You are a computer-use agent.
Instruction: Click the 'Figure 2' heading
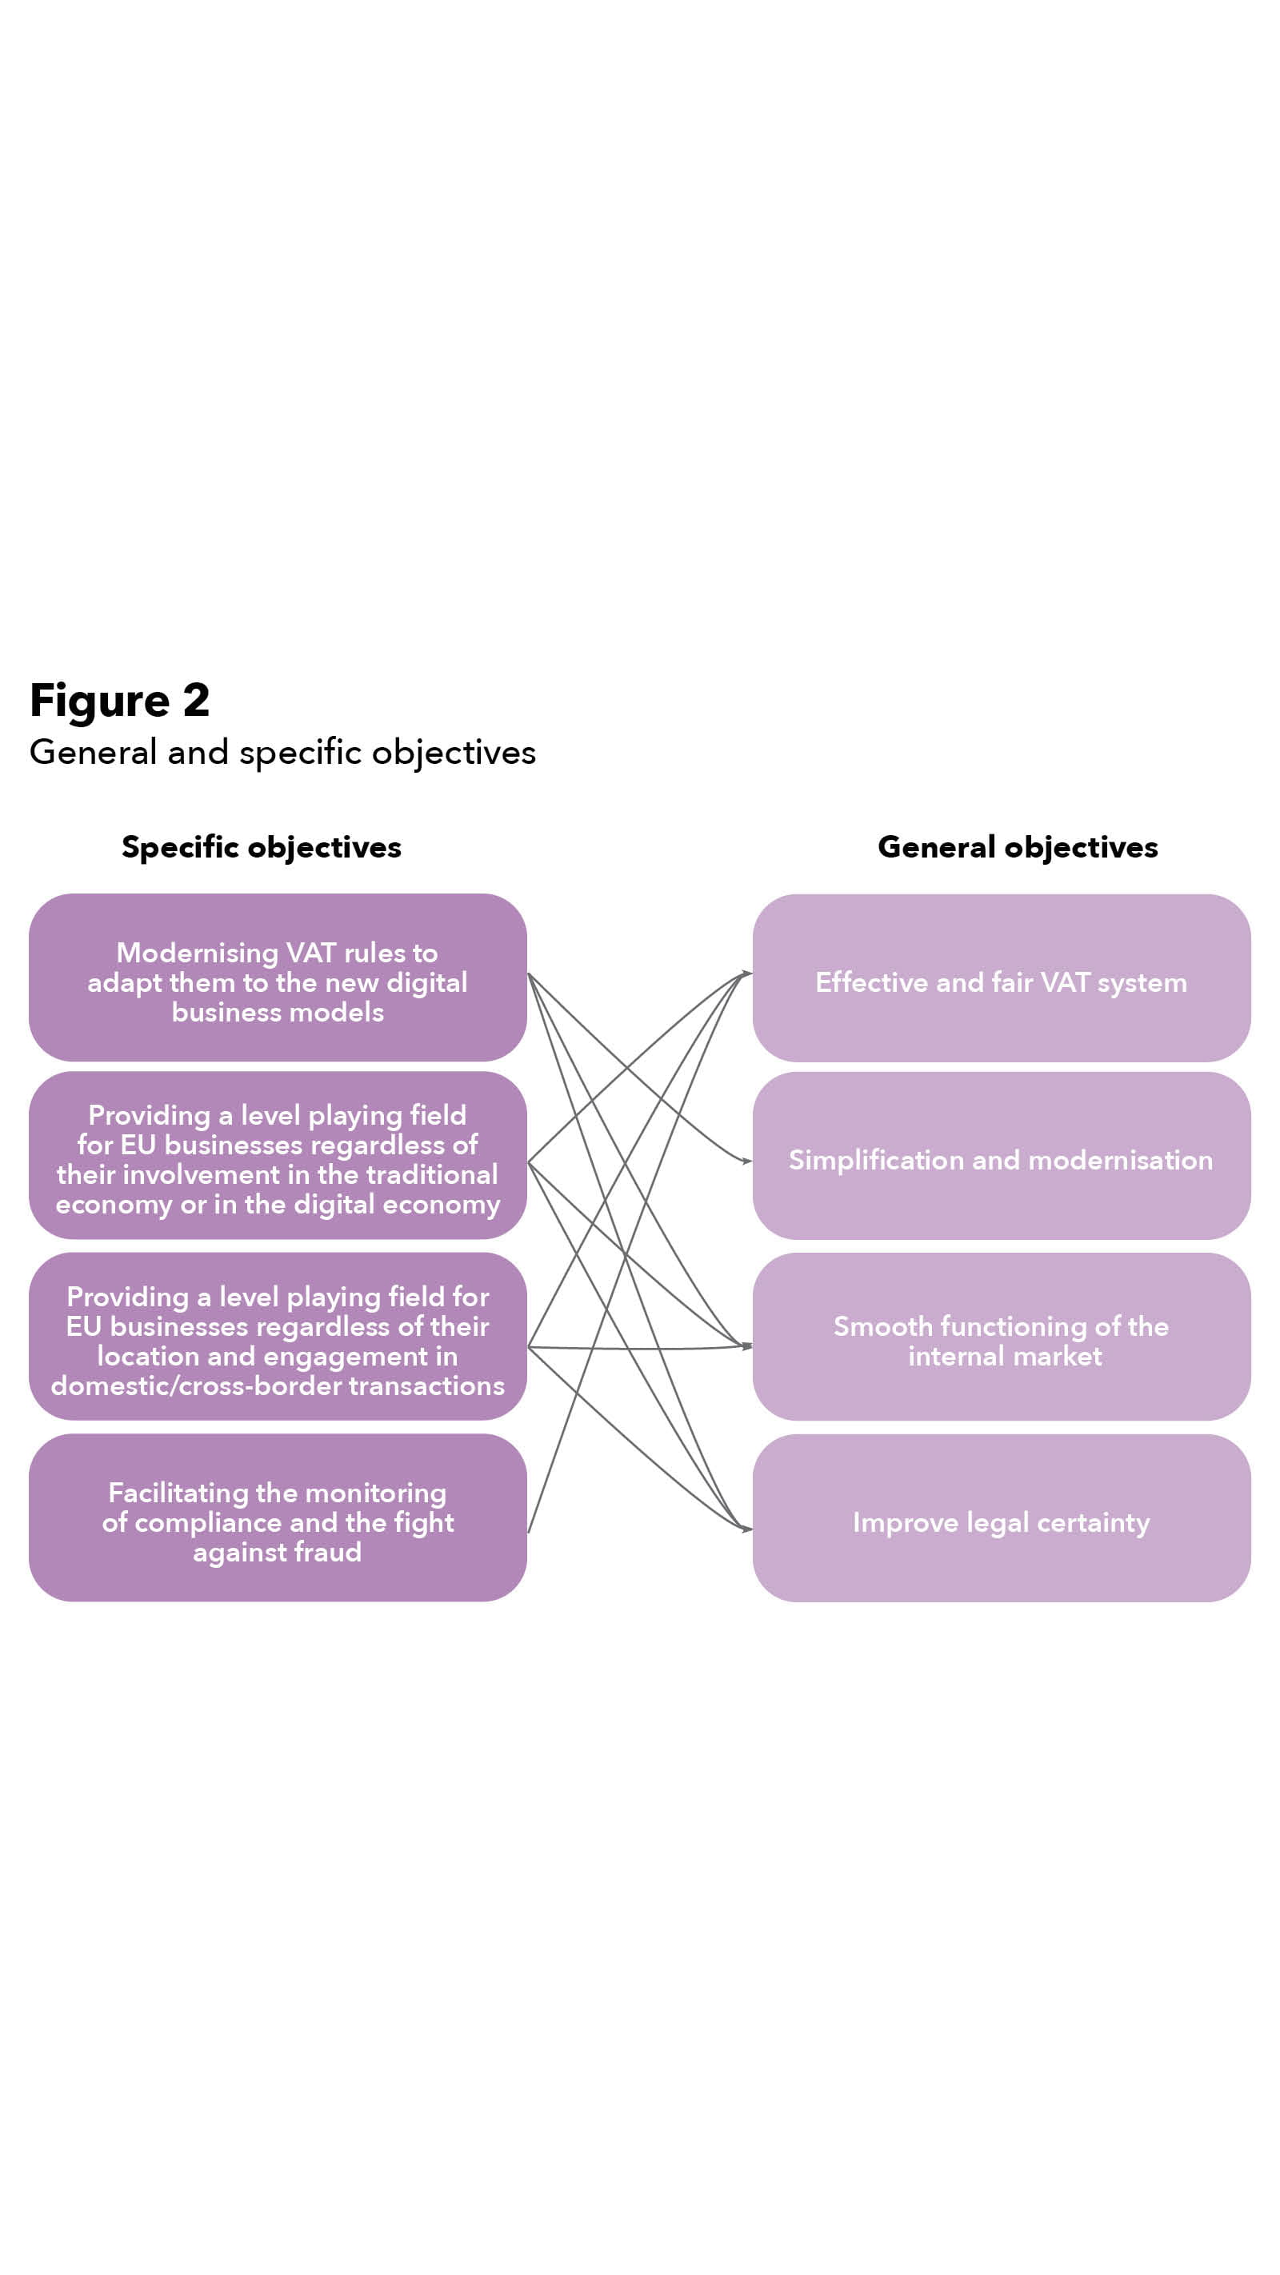click(119, 701)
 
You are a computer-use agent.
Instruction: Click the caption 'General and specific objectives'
click(282, 753)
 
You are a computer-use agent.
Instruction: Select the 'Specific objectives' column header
click(262, 847)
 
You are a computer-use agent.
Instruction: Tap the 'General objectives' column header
click(1018, 847)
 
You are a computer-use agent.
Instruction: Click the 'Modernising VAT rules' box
click(278, 978)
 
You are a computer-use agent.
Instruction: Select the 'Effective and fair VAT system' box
click(1001, 978)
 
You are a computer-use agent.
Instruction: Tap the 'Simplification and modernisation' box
click(1001, 1156)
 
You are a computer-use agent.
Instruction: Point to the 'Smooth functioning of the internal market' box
click(1001, 1337)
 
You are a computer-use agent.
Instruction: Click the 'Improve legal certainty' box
click(1001, 1518)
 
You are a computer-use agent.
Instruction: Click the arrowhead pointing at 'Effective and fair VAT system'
click(746, 974)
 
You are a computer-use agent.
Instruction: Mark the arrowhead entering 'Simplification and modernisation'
click(746, 1161)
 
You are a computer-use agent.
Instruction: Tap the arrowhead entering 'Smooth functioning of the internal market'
click(746, 1346)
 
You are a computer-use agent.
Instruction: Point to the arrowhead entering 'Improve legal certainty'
click(746, 1529)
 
